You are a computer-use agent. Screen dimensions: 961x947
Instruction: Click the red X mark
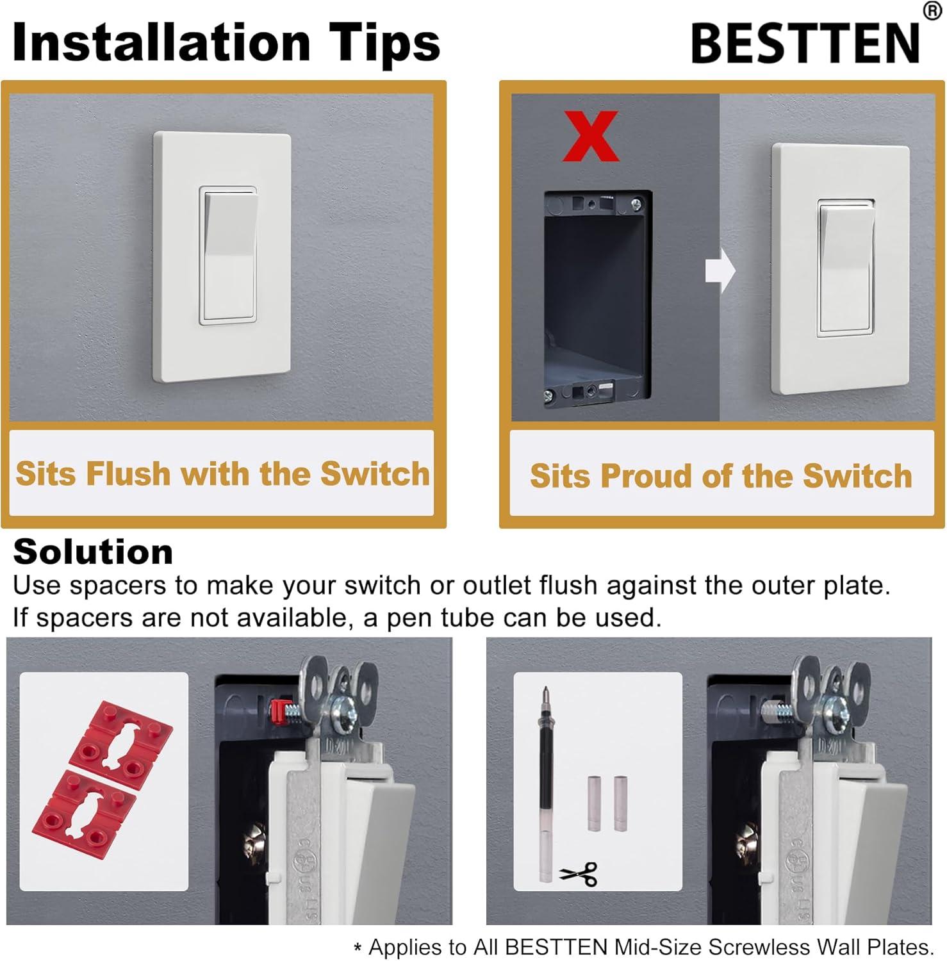pos(590,136)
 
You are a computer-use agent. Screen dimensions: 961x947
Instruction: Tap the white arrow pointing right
pos(720,270)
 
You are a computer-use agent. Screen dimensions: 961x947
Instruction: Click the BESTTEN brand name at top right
pos(805,43)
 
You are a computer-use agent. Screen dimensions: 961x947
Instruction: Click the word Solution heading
pos(93,552)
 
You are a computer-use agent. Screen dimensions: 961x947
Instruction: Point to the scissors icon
pos(579,873)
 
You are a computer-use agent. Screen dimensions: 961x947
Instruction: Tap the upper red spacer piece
pos(120,737)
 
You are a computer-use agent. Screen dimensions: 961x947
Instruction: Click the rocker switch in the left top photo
pos(229,256)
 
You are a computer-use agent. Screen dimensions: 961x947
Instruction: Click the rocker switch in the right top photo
pos(846,268)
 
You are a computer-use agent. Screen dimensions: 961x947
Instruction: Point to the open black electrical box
pos(597,299)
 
